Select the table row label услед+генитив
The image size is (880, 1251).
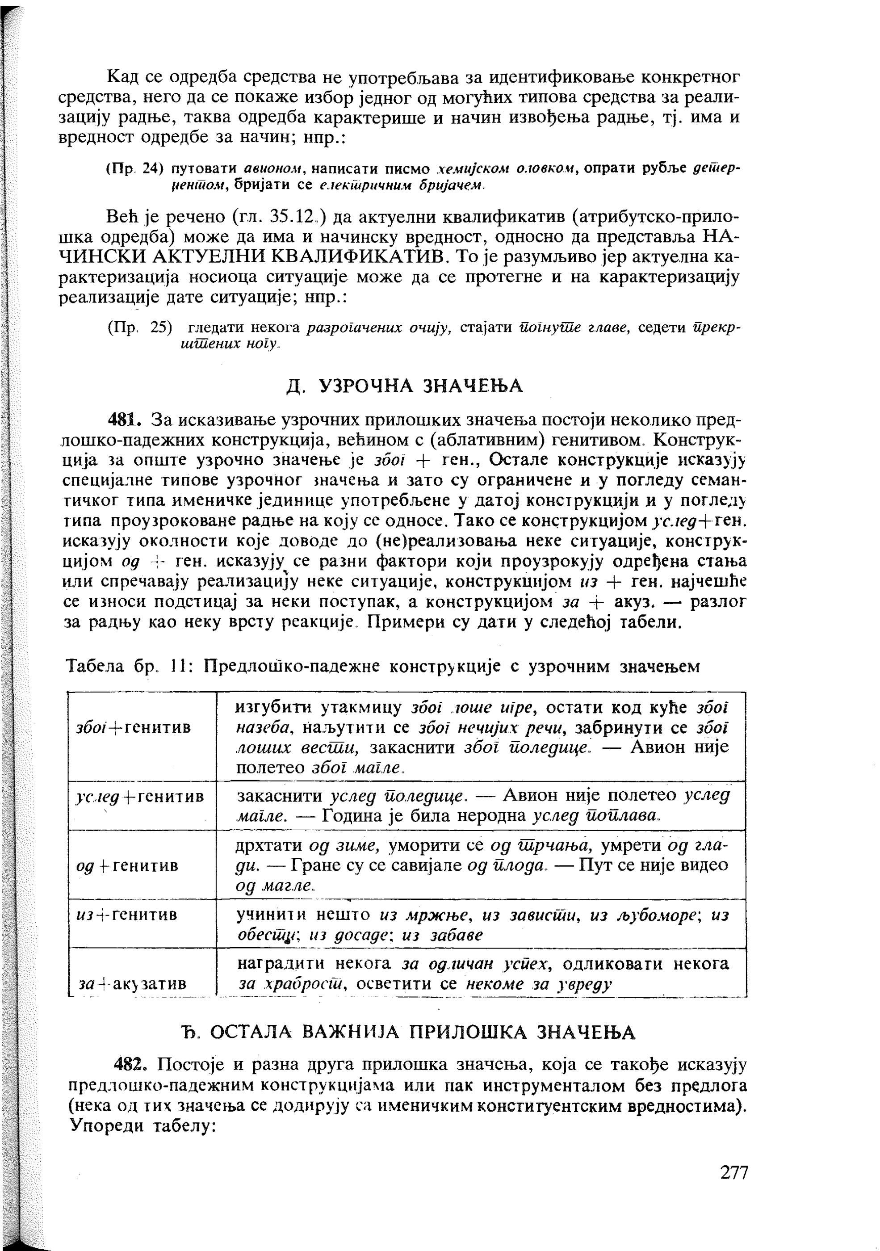(x=141, y=797)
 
